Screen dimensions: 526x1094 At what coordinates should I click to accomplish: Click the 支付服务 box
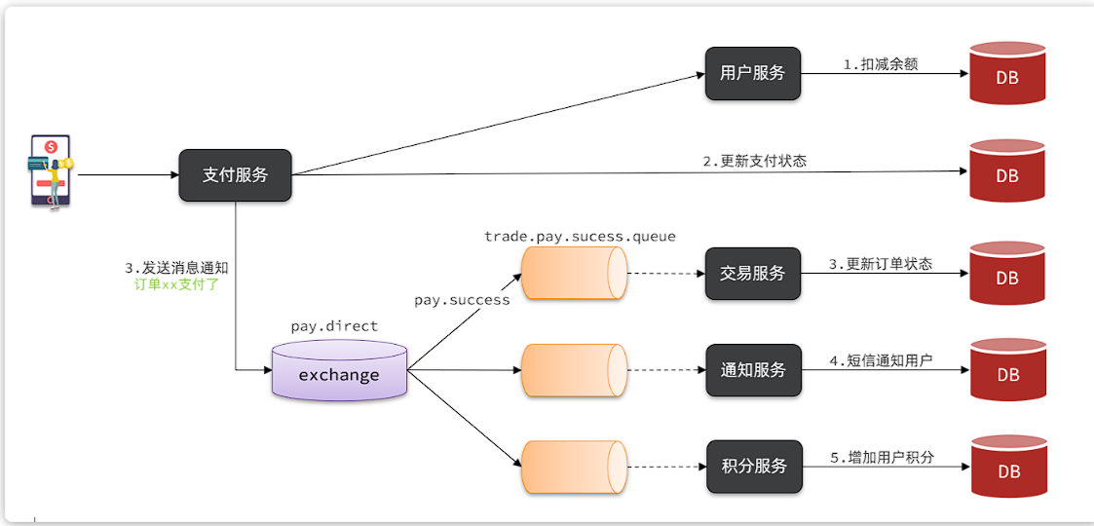pos(235,175)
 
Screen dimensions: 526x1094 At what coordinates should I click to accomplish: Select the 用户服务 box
pos(753,73)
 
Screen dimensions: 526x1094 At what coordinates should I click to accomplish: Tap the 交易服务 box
pos(753,273)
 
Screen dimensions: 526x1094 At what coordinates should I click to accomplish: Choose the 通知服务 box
pos(753,370)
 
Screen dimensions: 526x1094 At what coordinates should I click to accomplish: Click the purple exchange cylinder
pos(339,372)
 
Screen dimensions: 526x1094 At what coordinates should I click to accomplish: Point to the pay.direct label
pos(334,326)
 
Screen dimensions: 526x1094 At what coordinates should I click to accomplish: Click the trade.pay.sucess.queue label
pos(580,237)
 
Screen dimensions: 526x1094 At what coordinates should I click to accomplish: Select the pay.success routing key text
pos(462,300)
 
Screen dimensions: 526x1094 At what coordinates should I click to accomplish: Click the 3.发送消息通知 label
pos(176,268)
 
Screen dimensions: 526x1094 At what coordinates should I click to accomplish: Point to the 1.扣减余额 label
pos(881,64)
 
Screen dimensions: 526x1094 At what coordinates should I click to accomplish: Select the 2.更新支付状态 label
pos(755,161)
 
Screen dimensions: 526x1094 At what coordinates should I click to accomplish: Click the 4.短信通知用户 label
pos(881,360)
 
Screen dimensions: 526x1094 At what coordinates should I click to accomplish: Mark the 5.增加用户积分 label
pos(882,457)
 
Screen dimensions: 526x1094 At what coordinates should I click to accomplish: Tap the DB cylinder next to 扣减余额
pos(1007,73)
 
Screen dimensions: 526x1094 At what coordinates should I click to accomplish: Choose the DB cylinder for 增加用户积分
pos(1007,467)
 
